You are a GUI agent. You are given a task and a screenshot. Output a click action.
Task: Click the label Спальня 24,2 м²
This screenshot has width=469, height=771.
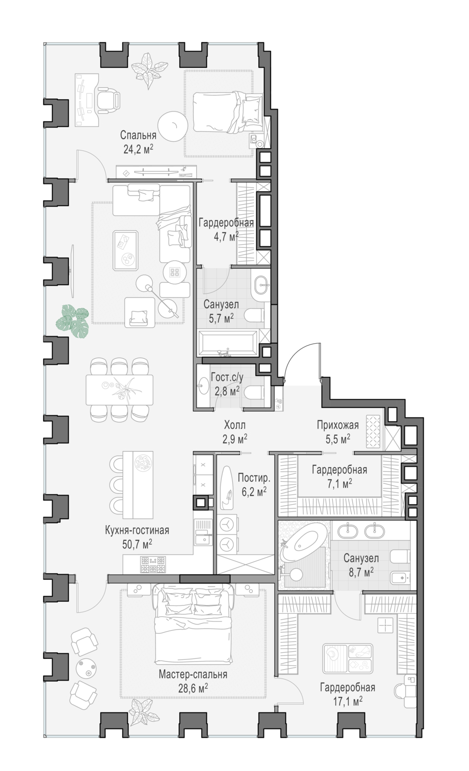coord(138,142)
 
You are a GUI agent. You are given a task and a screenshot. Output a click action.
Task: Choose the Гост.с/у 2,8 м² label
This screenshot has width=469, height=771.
coord(227,384)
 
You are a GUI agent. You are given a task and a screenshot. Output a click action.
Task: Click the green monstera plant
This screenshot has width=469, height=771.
coord(72,321)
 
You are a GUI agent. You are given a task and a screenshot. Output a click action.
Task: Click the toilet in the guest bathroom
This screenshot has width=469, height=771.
coord(254,392)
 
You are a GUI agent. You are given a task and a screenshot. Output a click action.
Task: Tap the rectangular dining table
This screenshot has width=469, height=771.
coord(119,385)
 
